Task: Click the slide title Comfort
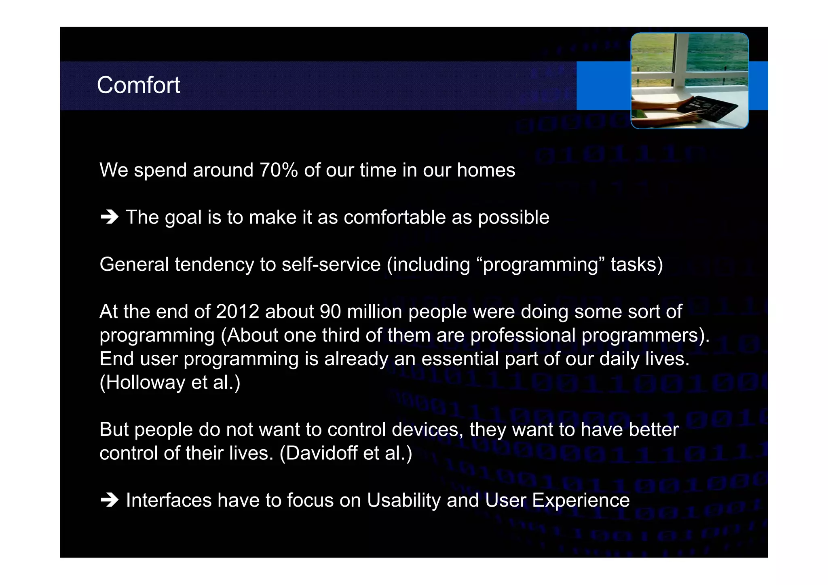click(138, 85)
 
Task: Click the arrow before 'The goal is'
click(109, 217)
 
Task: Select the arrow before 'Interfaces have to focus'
click(109, 501)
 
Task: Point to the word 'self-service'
click(331, 265)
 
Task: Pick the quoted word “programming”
click(540, 265)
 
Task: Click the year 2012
click(237, 312)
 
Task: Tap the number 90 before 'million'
click(330, 312)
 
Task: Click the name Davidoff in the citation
click(321, 453)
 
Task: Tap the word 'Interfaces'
click(169, 501)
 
